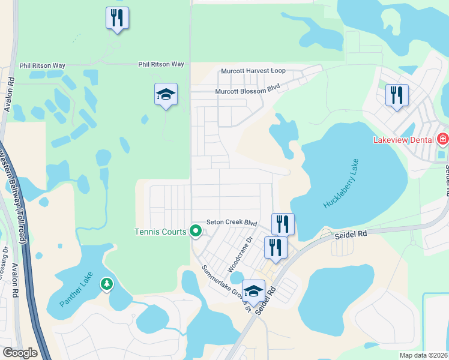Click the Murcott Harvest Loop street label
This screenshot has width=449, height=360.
[253, 71]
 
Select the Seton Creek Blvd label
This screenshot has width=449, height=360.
[232, 222]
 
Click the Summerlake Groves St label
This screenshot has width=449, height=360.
[226, 287]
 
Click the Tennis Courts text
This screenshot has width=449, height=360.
[160, 232]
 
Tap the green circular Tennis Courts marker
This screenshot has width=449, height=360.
[195, 230]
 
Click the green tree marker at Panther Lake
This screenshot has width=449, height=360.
[106, 283]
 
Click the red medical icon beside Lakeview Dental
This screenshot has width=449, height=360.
[443, 140]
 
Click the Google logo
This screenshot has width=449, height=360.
[19, 353]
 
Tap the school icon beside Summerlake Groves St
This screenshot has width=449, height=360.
[253, 290]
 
